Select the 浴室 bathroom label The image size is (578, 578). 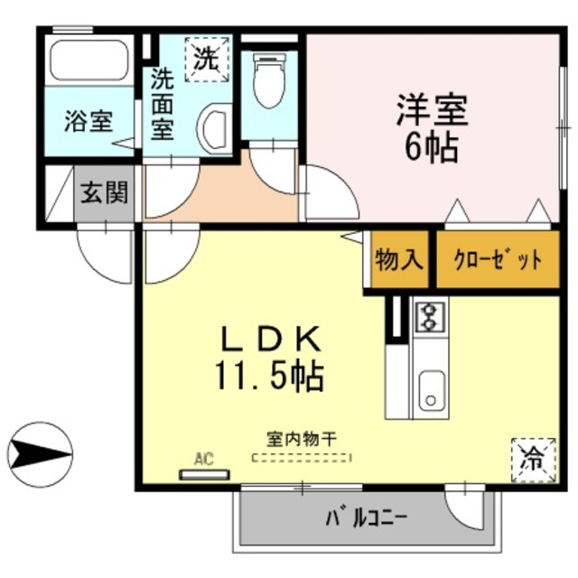point(88,122)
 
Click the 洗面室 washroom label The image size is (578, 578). point(163,103)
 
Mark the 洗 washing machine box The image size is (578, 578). point(207,59)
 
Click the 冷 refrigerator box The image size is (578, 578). point(531,458)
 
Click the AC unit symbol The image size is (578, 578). point(204,472)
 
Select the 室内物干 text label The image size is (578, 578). point(301,438)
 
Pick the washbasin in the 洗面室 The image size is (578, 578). point(215,129)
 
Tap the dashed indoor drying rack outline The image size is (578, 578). point(301,458)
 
